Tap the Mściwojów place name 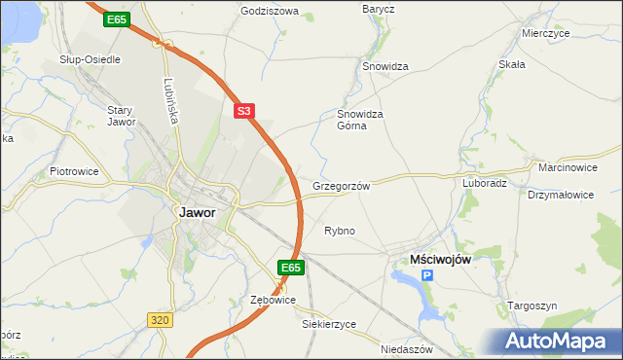coord(439,260)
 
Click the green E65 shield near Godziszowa coord(118,18)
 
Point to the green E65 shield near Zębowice coord(290,267)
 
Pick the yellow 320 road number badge coord(162,319)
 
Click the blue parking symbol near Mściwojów coord(427,276)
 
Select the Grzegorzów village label coord(341,186)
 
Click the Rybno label coord(339,231)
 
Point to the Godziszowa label coord(270,12)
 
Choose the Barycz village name coord(378,9)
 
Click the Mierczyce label coord(544,32)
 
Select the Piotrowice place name coord(74,171)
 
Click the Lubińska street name coord(169,100)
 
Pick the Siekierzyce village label coord(329,324)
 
